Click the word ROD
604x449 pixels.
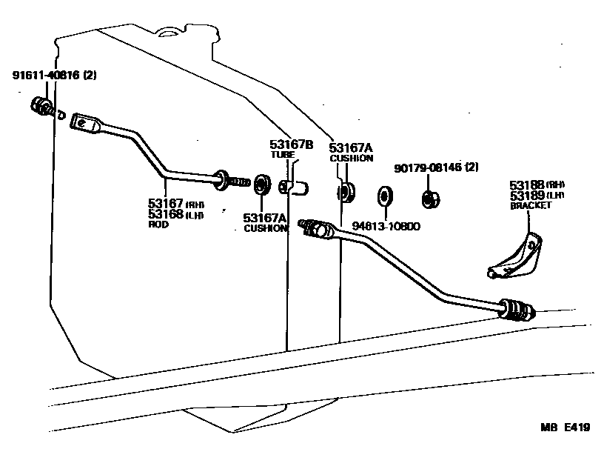click(x=159, y=224)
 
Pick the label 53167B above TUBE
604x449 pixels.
click(x=291, y=144)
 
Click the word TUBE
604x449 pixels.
click(x=282, y=155)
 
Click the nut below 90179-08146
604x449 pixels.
click(x=427, y=199)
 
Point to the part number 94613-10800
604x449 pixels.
click(x=386, y=226)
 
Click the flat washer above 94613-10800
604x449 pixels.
click(x=385, y=196)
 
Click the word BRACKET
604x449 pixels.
click(x=530, y=205)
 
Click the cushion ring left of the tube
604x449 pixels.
click(x=261, y=184)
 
